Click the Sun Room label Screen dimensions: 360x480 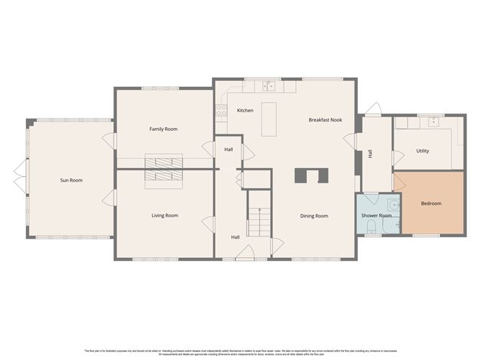(x=71, y=180)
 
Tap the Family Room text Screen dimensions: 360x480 (x=163, y=129)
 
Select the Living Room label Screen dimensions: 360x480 (x=165, y=216)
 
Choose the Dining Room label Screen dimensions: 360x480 (x=314, y=216)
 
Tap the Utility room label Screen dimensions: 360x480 (x=423, y=151)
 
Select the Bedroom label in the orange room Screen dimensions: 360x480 (x=431, y=204)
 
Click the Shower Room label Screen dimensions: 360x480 (x=376, y=216)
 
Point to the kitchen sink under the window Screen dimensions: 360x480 (x=269, y=87)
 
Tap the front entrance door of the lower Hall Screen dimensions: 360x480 (x=246, y=253)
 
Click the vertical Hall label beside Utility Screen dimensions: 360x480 (x=371, y=154)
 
